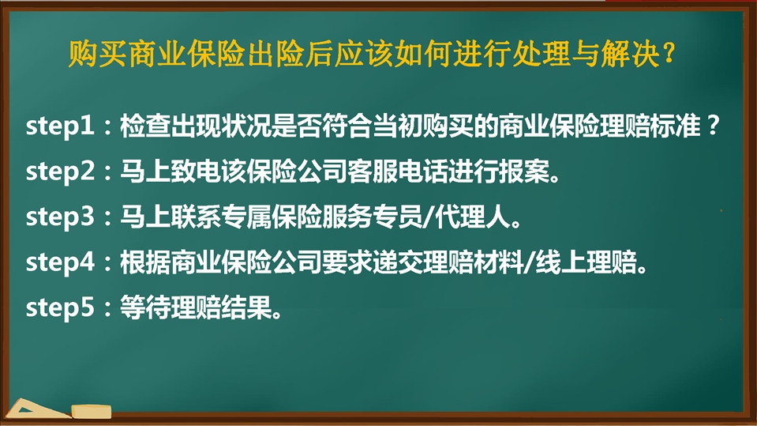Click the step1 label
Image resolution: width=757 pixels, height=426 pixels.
(59, 126)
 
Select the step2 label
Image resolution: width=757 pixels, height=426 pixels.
(60, 172)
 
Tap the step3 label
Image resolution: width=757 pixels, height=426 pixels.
(60, 217)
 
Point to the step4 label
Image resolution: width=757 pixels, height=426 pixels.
(60, 262)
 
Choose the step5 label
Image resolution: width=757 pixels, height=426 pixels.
(60, 308)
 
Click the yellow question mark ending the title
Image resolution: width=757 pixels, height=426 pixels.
(669, 53)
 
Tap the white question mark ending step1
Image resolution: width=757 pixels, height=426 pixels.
(713, 126)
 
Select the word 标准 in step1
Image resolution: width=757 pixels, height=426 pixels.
(675, 126)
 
